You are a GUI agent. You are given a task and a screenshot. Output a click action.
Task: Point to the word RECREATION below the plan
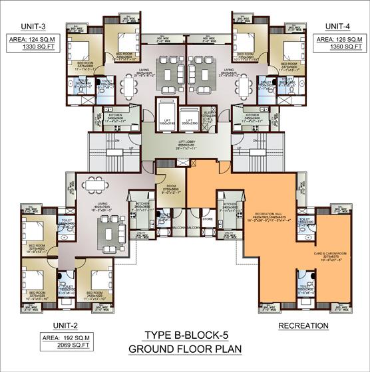tap(303, 325)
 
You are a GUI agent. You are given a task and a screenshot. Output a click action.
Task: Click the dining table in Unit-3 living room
tap(126, 85)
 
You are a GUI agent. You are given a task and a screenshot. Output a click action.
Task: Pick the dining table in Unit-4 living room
tap(244, 85)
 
